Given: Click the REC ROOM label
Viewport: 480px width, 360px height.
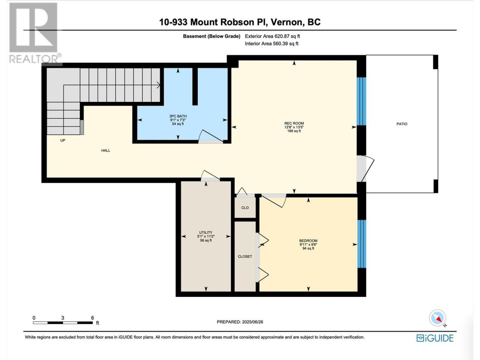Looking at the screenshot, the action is click(294, 123).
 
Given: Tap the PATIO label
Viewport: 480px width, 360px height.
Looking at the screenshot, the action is click(402, 124).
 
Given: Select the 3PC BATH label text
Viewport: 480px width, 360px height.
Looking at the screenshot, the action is click(178, 116).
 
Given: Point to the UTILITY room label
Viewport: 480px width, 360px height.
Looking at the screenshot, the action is click(205, 232).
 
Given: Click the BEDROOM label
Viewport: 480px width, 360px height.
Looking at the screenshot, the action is click(308, 241).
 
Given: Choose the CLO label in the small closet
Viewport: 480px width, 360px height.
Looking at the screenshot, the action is click(245, 208).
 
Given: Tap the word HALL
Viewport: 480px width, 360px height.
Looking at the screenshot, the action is click(106, 150).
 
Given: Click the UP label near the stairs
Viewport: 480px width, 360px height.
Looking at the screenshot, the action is click(63, 140).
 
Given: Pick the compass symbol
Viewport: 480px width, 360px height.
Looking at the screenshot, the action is click(437, 318).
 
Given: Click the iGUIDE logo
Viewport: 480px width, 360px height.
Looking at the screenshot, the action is click(435, 338).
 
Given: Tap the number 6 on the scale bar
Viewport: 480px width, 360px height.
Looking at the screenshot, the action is click(93, 318).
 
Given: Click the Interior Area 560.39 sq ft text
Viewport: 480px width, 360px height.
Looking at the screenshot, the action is click(271, 43).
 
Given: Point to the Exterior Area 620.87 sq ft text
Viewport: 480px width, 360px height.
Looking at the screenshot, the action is click(273, 36).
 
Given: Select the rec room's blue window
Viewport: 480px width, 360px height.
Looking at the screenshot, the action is click(361, 101).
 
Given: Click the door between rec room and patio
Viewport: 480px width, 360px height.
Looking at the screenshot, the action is click(365, 168).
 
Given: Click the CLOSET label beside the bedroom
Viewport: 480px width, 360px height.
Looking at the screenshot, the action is click(245, 256).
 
